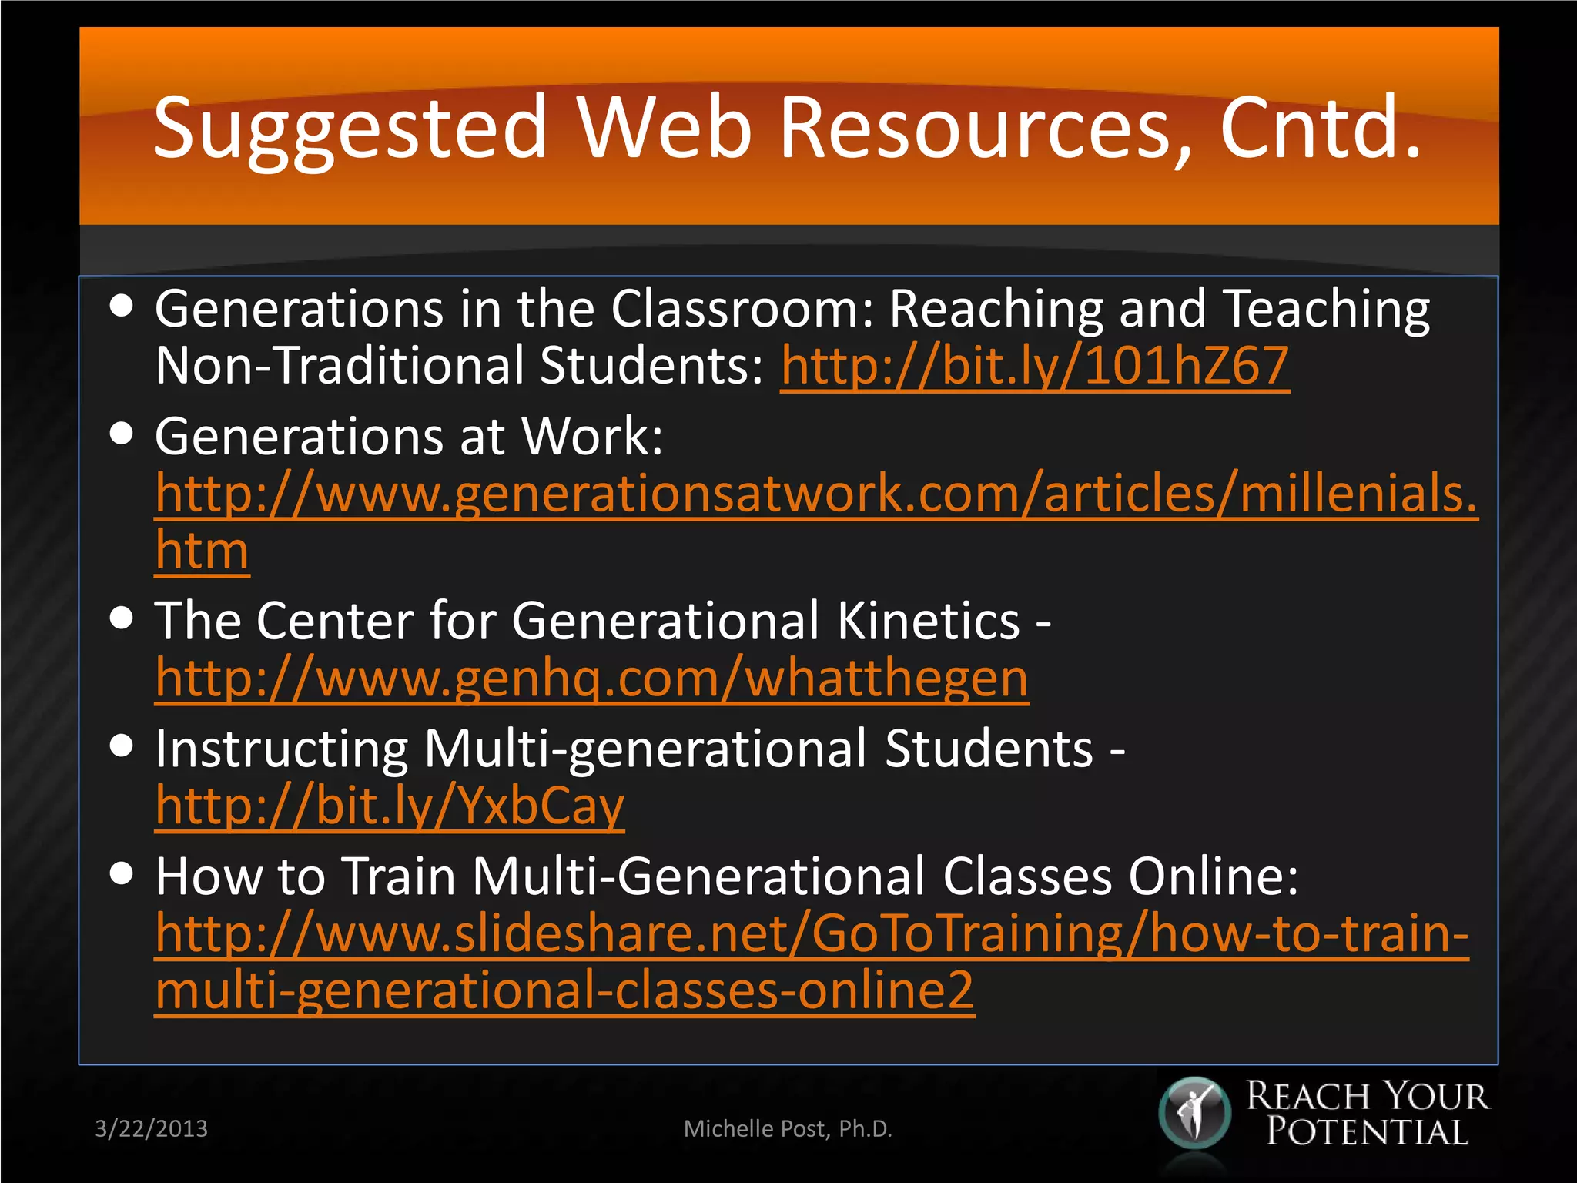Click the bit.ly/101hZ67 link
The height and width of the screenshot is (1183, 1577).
[1034, 366]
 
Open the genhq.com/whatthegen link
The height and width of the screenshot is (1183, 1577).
[591, 679]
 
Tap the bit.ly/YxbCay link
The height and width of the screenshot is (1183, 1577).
[390, 806]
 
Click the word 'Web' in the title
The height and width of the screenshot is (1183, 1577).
[664, 127]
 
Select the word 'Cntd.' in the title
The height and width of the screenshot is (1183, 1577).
[1319, 127]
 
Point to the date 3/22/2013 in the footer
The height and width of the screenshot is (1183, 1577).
[151, 1128]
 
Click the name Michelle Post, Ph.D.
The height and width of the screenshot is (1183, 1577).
[788, 1128]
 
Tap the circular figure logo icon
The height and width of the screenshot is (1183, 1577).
[1195, 1113]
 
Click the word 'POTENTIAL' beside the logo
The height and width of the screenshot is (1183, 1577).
[1368, 1131]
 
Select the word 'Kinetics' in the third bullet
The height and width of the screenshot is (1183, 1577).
[928, 621]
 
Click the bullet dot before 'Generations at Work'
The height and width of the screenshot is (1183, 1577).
[122, 433]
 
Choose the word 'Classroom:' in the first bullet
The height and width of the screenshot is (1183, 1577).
[742, 309]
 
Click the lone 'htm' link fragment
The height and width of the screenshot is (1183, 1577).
[202, 551]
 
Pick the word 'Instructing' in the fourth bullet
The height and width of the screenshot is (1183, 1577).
[281, 749]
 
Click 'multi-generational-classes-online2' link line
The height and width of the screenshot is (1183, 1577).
[564, 990]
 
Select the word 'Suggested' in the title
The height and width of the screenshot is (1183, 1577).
[350, 127]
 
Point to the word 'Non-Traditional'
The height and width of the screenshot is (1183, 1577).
[340, 366]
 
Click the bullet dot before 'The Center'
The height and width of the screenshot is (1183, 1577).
[122, 618]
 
